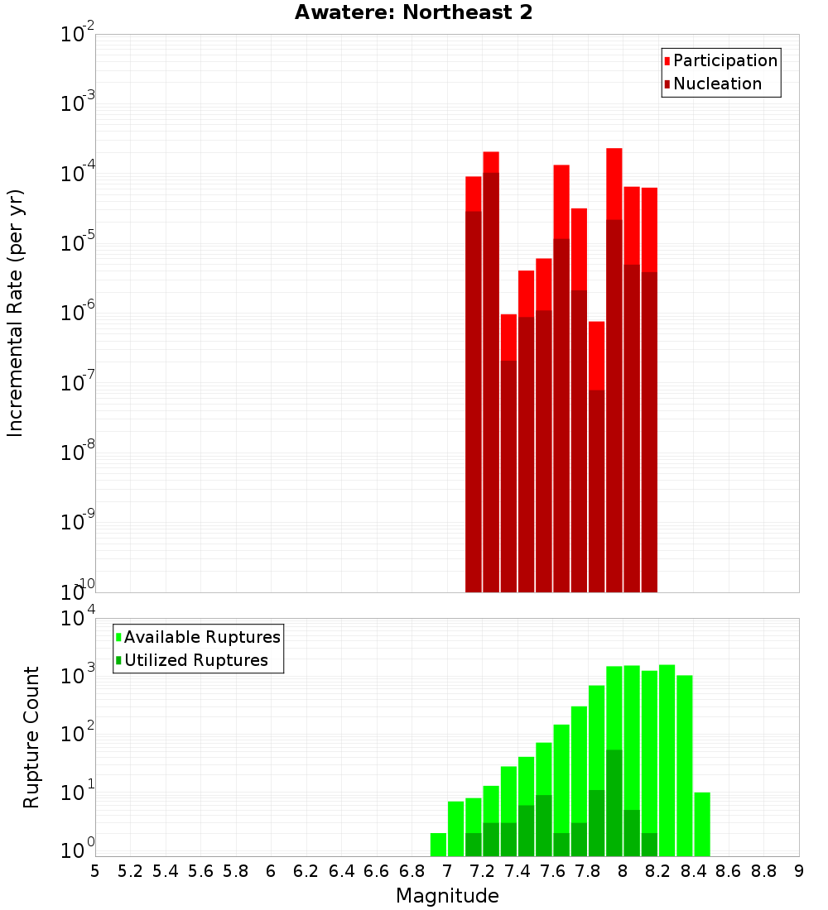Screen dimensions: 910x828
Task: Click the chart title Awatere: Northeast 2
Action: [414, 13]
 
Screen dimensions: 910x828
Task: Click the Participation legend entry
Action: [724, 61]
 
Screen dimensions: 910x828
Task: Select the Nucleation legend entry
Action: [716, 84]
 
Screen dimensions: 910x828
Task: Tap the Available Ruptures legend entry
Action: [201, 638]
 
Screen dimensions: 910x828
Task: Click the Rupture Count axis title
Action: [31, 736]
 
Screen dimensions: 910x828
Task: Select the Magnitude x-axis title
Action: [447, 896]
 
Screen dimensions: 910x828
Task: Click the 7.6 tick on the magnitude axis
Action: [552, 871]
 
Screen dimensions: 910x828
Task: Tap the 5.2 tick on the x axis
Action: [130, 871]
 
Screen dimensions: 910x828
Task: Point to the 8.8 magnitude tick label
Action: [763, 871]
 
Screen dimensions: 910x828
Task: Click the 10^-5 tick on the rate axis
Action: [78, 243]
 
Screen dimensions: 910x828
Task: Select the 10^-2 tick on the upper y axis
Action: [78, 35]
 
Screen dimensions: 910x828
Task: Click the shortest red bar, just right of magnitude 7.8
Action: [596, 356]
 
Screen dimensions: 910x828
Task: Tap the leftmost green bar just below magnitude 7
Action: [438, 845]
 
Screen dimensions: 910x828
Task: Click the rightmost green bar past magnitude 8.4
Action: [702, 824]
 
